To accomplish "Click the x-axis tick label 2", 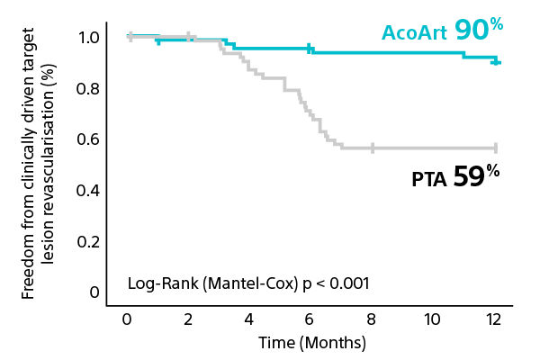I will click(187, 320).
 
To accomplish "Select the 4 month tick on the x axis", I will click(248, 320).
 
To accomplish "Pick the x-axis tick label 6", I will click(310, 320).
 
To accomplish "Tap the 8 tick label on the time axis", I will click(371, 320).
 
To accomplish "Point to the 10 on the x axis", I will click(432, 320).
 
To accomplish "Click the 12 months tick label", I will click(494, 320).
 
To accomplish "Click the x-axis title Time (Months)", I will click(312, 343).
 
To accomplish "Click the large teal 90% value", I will click(477, 29).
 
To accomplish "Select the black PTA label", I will click(429, 179).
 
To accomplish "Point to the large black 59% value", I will click(475, 175).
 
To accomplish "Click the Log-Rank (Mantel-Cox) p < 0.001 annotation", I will click(248, 283).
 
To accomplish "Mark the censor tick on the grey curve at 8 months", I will click(373, 148).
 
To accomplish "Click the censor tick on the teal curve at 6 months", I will click(310, 49).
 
